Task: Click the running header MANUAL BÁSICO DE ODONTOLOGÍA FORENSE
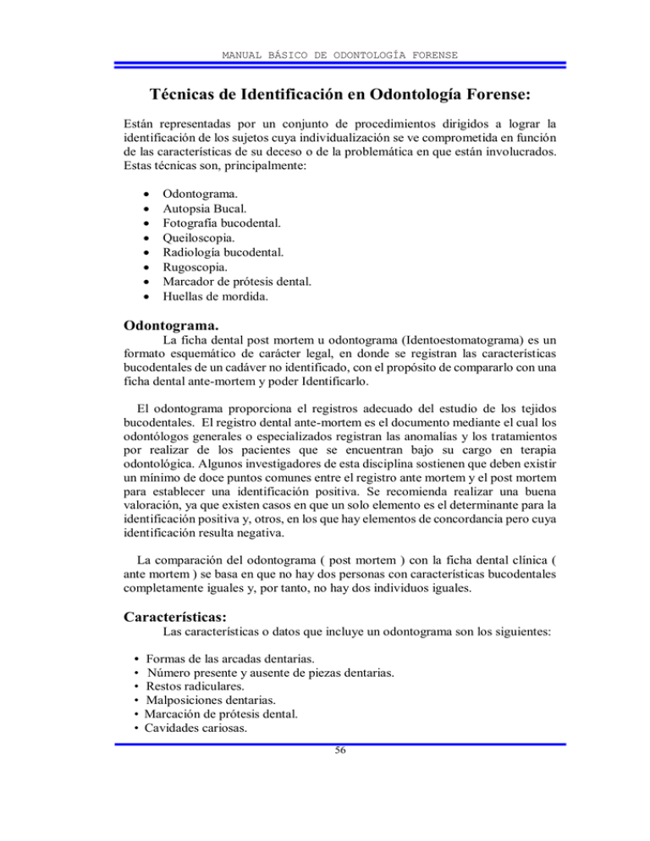(x=325, y=55)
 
